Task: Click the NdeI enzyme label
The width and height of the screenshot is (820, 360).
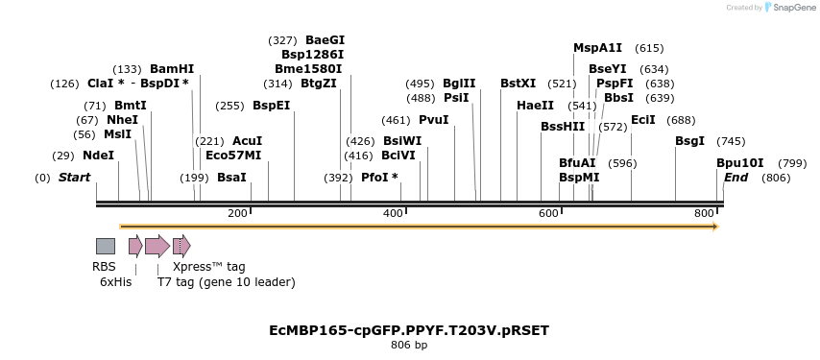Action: coord(98,156)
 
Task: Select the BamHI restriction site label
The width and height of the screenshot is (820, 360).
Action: coord(172,69)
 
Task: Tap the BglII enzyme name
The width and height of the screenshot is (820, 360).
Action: coord(458,84)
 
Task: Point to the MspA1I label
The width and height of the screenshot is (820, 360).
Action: coord(597,48)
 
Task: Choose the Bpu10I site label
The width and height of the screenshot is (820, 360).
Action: coord(740,163)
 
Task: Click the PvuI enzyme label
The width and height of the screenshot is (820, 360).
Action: coord(433,120)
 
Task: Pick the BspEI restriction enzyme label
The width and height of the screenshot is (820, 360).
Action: coord(271,106)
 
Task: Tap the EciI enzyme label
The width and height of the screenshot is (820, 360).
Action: coord(642,120)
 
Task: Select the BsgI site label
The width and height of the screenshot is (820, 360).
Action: coord(689,141)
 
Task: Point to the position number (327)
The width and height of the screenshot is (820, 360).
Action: coord(283,40)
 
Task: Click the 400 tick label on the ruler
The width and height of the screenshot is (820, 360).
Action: coord(393,212)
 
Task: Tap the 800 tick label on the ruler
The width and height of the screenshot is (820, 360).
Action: coord(704,212)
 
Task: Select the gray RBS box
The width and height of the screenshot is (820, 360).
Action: coord(106,246)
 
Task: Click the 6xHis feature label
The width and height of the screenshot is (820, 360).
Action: coord(115,282)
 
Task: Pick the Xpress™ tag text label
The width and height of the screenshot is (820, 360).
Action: coord(208,267)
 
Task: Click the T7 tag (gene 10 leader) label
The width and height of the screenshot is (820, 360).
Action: coord(226,282)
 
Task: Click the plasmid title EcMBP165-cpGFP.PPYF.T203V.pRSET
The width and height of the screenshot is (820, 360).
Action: coord(409,330)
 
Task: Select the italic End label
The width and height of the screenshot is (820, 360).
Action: coord(736,178)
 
